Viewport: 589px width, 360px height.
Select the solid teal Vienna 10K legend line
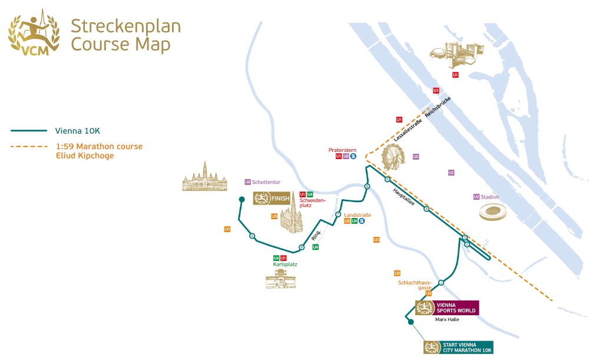tap(28, 131)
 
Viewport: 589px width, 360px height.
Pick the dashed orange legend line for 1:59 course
tap(28, 146)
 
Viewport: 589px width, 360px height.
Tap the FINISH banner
tap(272, 199)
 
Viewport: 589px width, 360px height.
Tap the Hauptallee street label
tap(404, 198)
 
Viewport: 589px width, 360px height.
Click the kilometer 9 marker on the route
tap(252, 236)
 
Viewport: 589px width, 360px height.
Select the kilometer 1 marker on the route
tap(441, 283)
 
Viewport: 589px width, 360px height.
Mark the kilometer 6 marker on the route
tap(367, 187)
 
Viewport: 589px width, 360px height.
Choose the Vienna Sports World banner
tap(447, 308)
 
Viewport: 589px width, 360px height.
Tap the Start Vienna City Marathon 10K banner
tap(458, 348)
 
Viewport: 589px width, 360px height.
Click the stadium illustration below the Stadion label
tap(493, 212)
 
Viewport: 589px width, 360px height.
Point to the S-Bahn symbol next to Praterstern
tap(353, 156)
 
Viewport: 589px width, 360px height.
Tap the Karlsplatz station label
tap(285, 265)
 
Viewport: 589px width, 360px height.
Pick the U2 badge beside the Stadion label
tap(476, 197)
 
